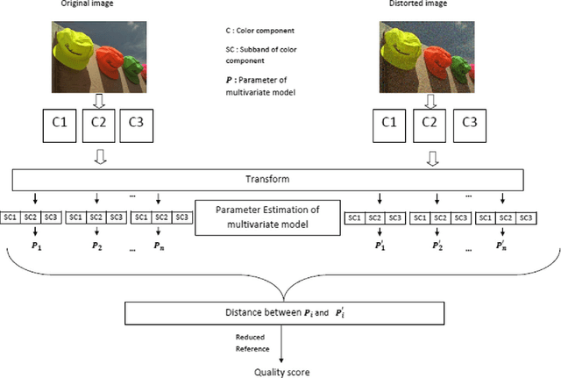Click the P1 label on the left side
click(x=32, y=247)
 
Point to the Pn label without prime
click(x=158, y=247)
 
